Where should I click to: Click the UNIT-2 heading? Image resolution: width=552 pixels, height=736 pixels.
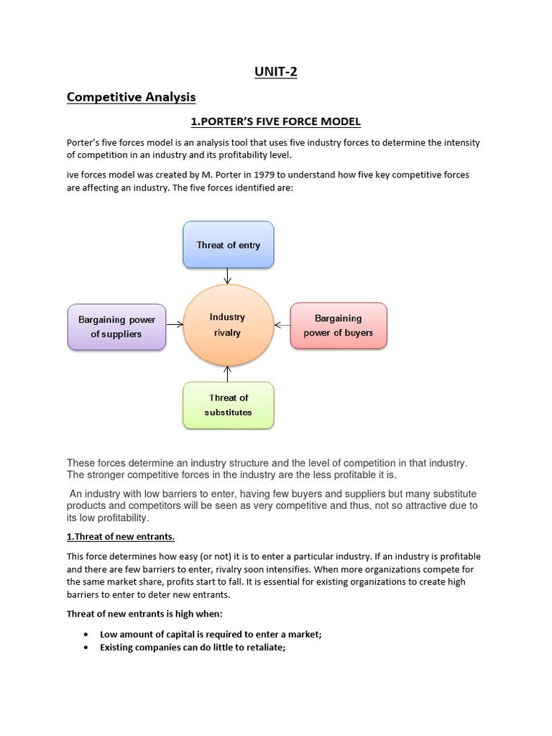click(x=276, y=72)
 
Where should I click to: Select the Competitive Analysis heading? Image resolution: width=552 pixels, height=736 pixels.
click(x=131, y=97)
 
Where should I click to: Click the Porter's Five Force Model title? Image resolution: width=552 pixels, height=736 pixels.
click(x=276, y=121)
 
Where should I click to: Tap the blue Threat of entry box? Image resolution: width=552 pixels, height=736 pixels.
click(x=228, y=245)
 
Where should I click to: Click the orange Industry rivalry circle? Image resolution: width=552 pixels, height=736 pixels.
click(x=228, y=325)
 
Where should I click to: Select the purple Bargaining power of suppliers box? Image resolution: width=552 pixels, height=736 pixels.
click(x=116, y=326)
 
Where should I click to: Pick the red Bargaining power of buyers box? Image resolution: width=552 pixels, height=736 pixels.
click(x=338, y=326)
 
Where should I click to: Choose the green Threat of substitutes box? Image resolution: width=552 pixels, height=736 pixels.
click(x=228, y=405)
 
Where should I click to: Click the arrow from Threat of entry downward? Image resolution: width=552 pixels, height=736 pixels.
click(x=228, y=276)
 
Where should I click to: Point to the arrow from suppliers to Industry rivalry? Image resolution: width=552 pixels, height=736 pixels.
click(x=175, y=325)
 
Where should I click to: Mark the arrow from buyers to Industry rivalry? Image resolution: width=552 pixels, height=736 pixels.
click(x=282, y=325)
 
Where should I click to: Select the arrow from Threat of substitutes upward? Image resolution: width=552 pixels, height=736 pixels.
click(x=228, y=374)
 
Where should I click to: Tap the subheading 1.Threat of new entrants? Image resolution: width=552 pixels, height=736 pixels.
click(x=121, y=537)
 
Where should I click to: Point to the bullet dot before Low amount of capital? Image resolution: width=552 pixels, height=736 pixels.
click(x=86, y=635)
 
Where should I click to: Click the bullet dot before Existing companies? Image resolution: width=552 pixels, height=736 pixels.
click(x=86, y=648)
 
